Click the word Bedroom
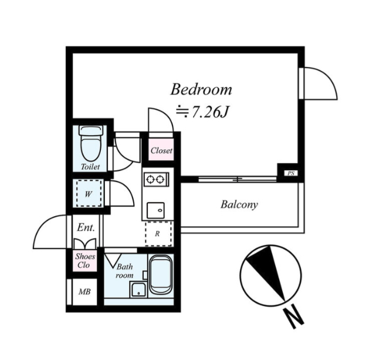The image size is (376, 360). click(201, 89)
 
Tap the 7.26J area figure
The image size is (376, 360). click(209, 112)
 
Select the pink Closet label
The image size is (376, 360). click(161, 150)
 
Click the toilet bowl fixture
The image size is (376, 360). click(91, 143)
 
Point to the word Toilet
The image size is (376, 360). click(90, 167)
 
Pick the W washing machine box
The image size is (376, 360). click(89, 193)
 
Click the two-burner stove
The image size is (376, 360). click(156, 179)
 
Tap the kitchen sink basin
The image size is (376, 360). click(155, 210)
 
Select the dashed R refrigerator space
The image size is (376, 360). click(158, 234)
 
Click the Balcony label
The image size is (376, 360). click(239, 205)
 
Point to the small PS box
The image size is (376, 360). click(291, 173)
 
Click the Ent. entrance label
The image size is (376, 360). click(86, 227)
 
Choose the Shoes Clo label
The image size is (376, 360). click(85, 261)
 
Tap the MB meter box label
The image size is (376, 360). click(84, 292)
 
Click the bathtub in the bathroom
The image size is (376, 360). click(160, 274)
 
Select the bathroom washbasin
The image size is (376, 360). click(138, 290)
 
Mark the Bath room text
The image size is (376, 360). click(125, 271)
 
